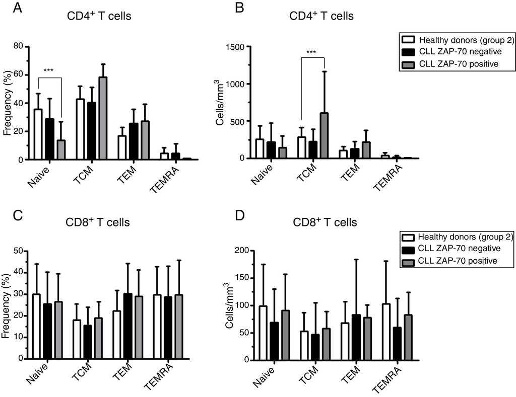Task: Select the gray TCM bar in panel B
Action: pyautogui.click(x=324, y=135)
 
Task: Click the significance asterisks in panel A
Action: pyautogui.click(x=49, y=71)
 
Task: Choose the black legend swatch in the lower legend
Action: pyautogui.click(x=408, y=249)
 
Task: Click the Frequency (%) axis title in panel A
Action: pyautogui.click(x=7, y=103)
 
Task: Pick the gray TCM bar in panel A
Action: pyautogui.click(x=103, y=118)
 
